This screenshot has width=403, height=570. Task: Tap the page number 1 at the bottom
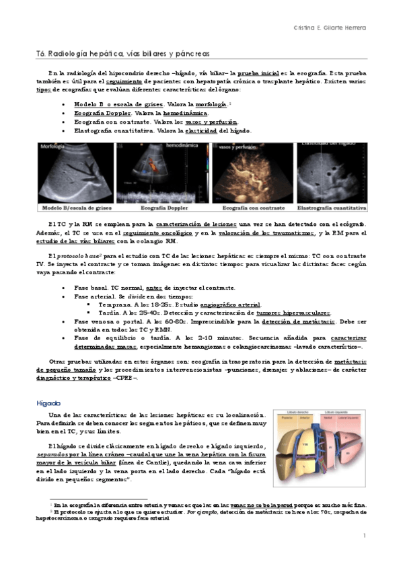363,536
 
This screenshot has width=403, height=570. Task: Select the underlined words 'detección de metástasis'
291,322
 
